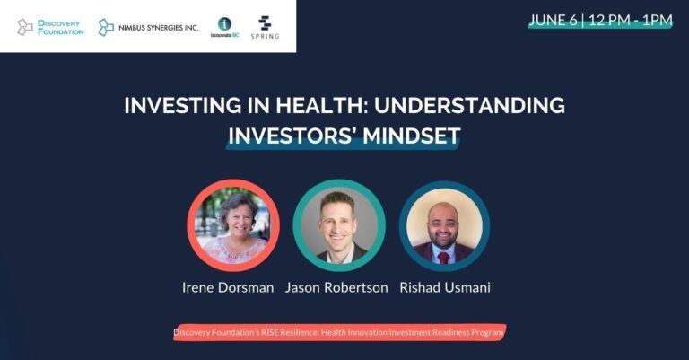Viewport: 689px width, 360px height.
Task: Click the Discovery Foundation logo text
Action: pos(61,27)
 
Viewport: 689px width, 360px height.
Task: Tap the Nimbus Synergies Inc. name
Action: pos(158,28)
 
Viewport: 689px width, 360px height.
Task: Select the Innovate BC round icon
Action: pos(224,23)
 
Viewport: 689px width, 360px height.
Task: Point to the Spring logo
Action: pos(265,27)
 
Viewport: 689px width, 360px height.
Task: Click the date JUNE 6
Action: pos(553,21)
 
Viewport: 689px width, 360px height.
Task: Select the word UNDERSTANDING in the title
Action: pos(470,106)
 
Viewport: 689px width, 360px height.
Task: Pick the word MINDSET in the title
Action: pos(411,136)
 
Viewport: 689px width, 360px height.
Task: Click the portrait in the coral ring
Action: pos(233,225)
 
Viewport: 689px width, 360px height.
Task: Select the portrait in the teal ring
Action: pos(339,225)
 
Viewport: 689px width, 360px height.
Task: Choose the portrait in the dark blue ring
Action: pos(444,226)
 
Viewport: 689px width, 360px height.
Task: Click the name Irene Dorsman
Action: pos(228,287)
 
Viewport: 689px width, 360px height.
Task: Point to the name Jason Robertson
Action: pos(336,287)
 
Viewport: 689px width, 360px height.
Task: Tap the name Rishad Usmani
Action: pos(445,287)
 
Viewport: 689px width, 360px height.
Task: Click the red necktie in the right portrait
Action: pos(444,258)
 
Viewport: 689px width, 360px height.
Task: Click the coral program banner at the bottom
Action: pos(339,332)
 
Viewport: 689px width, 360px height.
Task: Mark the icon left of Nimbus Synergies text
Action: pos(106,27)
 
